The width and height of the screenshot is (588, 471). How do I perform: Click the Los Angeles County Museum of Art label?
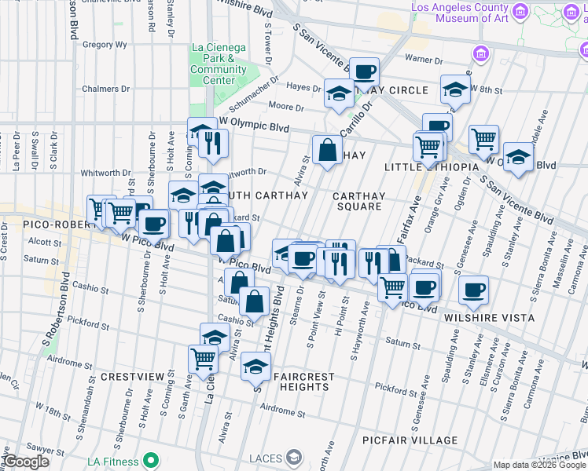[460, 13]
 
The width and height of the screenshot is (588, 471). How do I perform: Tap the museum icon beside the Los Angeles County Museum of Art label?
[520, 13]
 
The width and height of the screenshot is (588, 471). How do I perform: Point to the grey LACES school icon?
[293, 456]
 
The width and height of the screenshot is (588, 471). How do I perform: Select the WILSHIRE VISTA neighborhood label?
[488, 318]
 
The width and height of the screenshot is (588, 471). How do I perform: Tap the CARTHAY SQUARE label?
[358, 202]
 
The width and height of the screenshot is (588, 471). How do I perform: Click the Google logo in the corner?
[25, 462]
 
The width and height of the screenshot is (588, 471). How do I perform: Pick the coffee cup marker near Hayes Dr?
[364, 72]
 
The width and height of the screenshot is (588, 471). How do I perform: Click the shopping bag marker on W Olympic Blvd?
[327, 149]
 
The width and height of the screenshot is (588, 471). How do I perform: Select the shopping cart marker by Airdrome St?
[203, 359]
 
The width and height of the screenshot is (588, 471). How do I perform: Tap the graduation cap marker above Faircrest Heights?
[255, 367]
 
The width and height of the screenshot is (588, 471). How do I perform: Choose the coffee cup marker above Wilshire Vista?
[474, 290]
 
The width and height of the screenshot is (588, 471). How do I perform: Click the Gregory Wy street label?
[105, 45]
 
